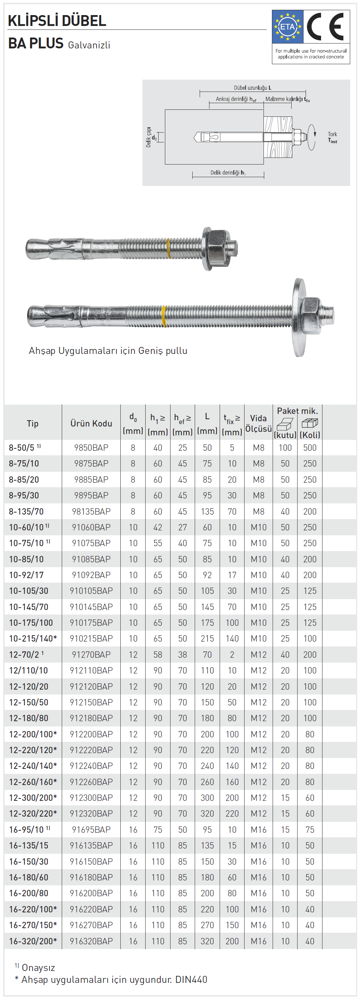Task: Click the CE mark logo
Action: coord(326,27)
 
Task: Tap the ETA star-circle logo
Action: coord(287,27)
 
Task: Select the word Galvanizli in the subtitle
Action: coord(89,45)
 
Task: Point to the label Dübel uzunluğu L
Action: coord(252,88)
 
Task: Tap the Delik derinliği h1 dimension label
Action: coord(228,173)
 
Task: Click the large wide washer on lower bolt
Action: coord(299,317)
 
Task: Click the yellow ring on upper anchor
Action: coord(169,249)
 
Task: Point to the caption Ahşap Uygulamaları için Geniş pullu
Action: coord(108,350)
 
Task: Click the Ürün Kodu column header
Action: coord(91,423)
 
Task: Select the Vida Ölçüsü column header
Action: coord(258,423)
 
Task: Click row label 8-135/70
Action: coord(26,511)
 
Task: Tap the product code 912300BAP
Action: coord(91,797)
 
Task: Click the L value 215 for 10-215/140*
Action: coord(207,638)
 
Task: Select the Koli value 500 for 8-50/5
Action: coord(309,448)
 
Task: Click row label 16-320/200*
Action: coord(33,941)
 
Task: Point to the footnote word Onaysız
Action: coord(38,967)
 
